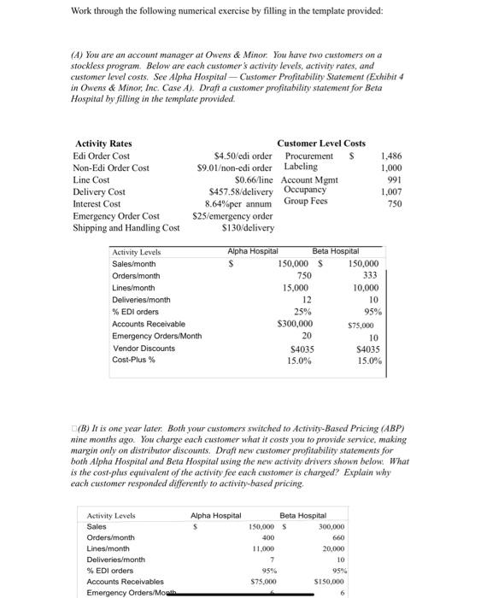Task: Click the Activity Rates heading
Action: click(103, 144)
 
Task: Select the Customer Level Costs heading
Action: click(321, 144)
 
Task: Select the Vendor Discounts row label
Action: click(144, 349)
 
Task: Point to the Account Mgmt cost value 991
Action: click(392, 180)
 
